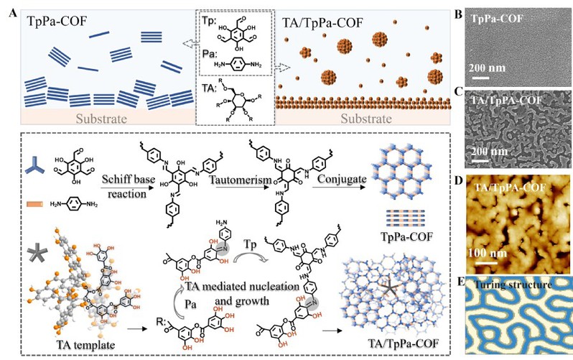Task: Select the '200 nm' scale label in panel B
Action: [x=491, y=69]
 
